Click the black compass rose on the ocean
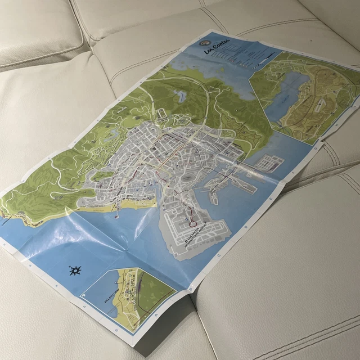(x=75, y=272)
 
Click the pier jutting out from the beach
(x=116, y=213)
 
